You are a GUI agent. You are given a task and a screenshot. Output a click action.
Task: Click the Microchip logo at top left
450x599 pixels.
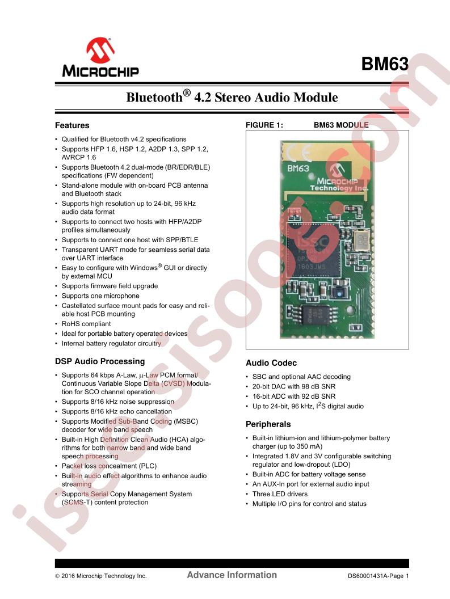(100, 57)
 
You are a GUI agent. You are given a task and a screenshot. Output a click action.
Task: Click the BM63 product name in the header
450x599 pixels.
(385, 64)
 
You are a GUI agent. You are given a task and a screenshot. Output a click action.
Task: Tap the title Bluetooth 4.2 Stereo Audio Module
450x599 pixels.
(232, 96)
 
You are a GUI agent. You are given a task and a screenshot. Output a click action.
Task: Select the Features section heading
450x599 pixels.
(72, 125)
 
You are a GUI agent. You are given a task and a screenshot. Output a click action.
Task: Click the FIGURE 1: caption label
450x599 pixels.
(264, 125)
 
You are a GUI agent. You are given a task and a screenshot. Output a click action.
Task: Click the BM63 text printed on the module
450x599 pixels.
(298, 168)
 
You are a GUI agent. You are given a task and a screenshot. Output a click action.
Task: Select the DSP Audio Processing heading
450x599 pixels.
(100, 361)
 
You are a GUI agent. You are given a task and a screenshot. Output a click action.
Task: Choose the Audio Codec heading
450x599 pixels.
(271, 363)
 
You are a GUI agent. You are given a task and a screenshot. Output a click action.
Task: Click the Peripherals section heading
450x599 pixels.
(268, 424)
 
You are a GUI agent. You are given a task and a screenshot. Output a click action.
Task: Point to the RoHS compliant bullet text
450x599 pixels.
(86, 323)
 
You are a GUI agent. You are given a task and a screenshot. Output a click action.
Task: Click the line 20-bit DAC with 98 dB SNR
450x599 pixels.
(293, 387)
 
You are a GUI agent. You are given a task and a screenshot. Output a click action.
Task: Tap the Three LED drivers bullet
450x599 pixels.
(280, 494)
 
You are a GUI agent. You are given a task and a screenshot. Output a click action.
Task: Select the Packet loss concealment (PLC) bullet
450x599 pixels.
(109, 466)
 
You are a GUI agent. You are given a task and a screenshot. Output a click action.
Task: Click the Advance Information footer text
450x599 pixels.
(232, 575)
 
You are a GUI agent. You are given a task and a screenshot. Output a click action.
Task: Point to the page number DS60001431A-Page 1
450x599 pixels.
(378, 576)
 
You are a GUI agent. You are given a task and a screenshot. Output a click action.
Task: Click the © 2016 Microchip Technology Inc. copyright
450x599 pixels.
(101, 576)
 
